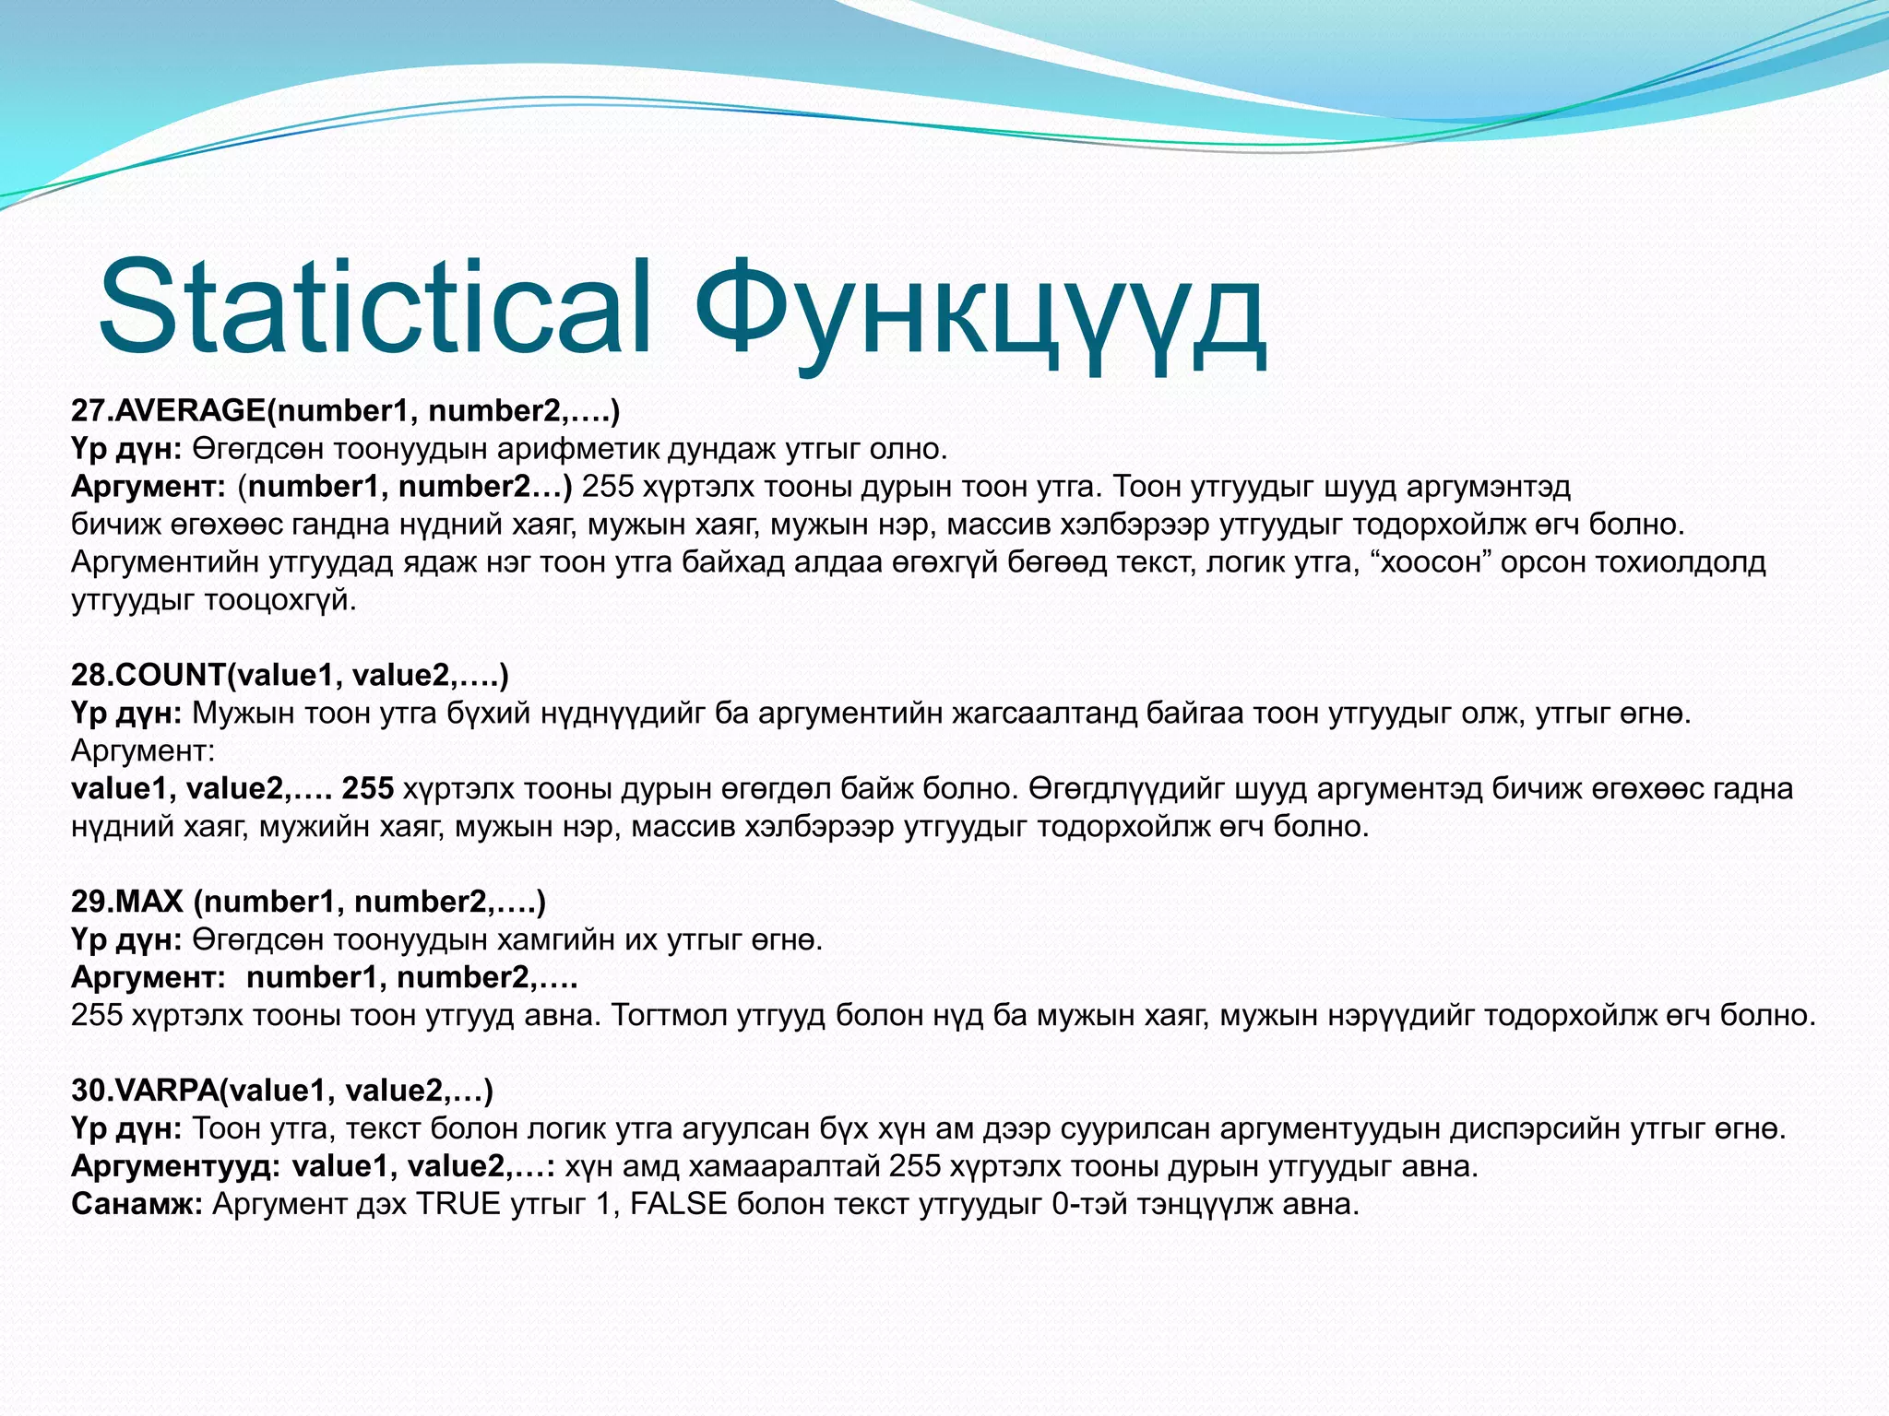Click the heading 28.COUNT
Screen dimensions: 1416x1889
[148, 675]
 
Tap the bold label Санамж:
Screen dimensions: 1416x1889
[137, 1204]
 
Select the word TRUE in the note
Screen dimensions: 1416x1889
[458, 1204]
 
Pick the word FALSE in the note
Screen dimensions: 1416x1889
[678, 1204]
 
